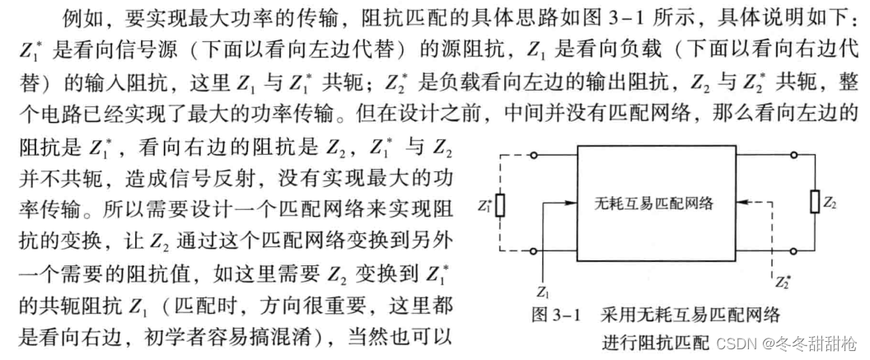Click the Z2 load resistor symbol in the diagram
816,202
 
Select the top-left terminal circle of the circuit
536,155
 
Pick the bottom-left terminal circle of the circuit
536,251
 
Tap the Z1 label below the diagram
541,292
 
